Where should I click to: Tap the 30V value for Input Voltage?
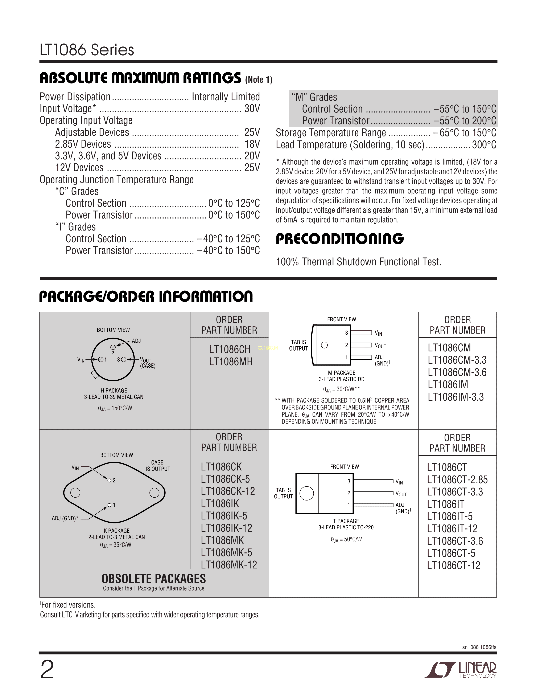point(252,109)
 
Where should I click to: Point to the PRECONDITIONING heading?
point(339,239)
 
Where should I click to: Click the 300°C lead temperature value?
point(484,145)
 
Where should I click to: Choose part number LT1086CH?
point(230,350)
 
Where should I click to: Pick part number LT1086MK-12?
point(229,565)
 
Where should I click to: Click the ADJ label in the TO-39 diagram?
point(136,341)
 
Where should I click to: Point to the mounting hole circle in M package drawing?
point(324,345)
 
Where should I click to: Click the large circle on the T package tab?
point(306,493)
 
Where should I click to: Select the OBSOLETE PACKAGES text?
point(154,579)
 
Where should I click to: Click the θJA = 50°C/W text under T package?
point(346,540)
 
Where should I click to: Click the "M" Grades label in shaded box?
point(314,97)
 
